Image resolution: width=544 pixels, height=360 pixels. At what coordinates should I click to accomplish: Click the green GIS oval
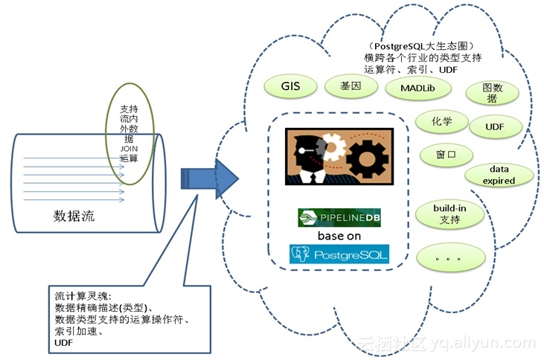290,86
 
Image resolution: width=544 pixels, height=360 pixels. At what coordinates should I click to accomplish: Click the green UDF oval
495,126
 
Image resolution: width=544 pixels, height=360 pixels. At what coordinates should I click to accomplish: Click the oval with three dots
450,258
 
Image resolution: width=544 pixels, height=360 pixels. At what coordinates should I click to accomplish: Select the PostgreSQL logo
339,255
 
